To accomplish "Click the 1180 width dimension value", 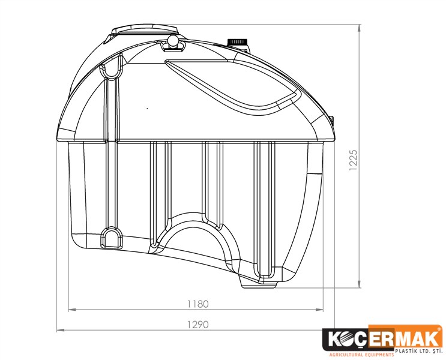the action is (197, 304).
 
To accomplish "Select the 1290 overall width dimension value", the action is (197, 325).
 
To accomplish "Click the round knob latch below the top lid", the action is (173, 41).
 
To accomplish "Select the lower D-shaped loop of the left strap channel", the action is (111, 238).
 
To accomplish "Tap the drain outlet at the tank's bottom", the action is (258, 283).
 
